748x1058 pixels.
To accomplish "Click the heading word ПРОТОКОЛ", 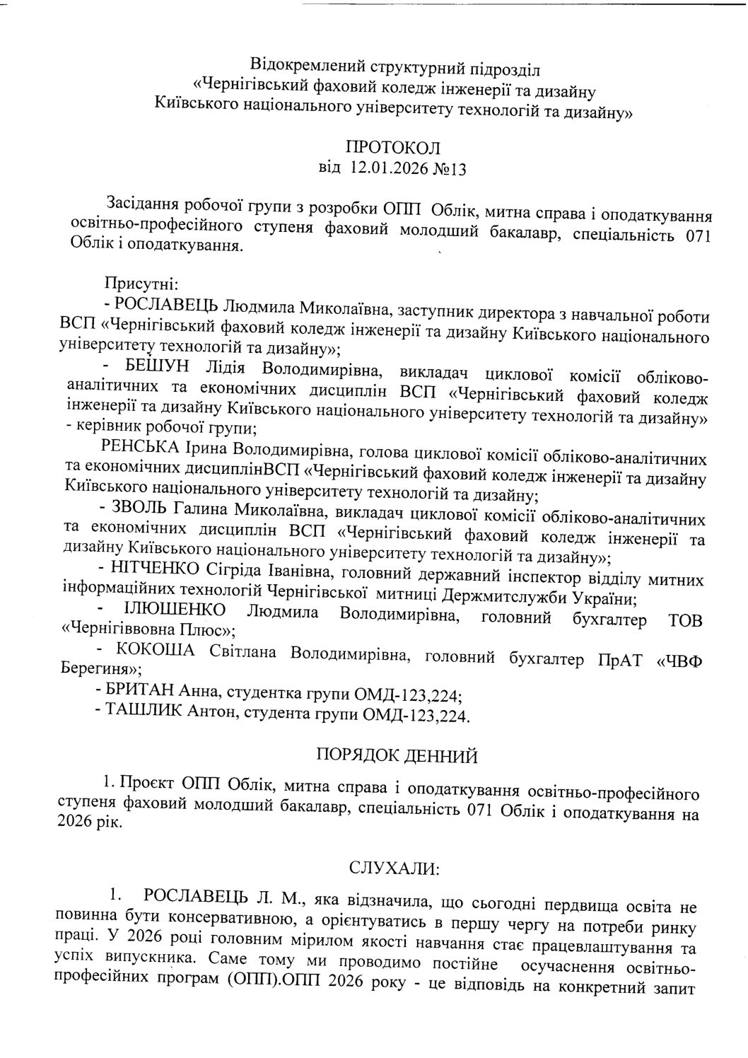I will click(393, 148).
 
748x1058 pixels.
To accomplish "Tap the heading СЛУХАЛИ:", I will click(395, 866).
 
